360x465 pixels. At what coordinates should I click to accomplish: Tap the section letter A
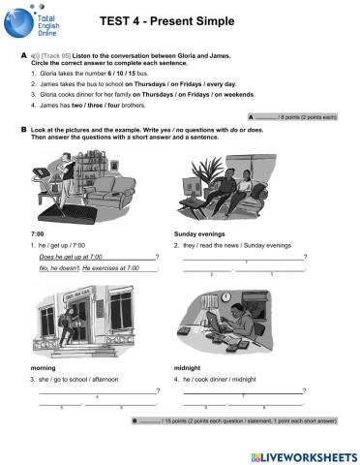click(x=23, y=57)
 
